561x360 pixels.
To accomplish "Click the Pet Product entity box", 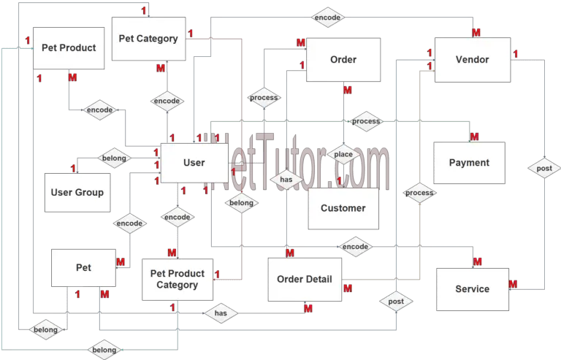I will click(x=68, y=48).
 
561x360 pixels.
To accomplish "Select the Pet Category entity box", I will click(x=148, y=39).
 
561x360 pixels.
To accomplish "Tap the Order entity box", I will click(x=343, y=59).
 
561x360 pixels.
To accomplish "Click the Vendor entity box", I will click(x=472, y=59).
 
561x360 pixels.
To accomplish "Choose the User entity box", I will click(x=194, y=163).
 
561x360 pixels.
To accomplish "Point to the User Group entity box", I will click(x=77, y=193).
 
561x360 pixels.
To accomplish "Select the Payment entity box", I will click(x=468, y=163).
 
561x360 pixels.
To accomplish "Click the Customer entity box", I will click(x=343, y=208).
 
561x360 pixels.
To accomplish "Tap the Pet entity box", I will click(x=83, y=268).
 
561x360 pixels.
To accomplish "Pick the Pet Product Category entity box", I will click(x=177, y=279).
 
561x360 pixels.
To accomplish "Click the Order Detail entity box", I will click(x=305, y=279).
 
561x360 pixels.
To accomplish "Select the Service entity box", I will click(x=472, y=288).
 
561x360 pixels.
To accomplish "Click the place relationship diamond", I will click(x=343, y=154).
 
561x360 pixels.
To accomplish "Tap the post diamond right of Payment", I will click(x=543, y=168).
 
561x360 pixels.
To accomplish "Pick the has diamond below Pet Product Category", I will click(x=221, y=314).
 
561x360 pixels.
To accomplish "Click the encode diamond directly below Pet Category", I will click(x=167, y=100).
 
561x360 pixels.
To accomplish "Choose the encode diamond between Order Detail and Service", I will click(x=355, y=247).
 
